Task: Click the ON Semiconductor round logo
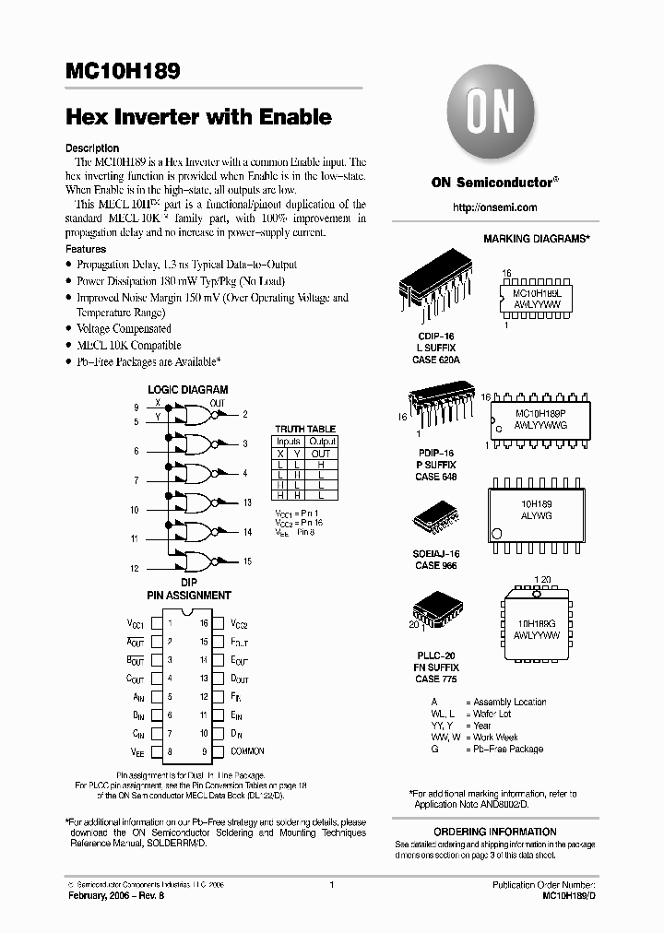coord(484,118)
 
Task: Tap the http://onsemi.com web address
coord(495,207)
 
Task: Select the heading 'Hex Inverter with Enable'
coord(198,117)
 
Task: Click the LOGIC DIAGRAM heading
coord(187,390)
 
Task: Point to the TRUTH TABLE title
coord(305,429)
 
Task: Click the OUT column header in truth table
coord(321,455)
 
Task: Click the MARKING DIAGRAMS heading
coord(536,239)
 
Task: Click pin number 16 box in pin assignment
coord(204,623)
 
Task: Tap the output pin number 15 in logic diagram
coord(247,561)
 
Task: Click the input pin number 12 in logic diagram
coord(135,569)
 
